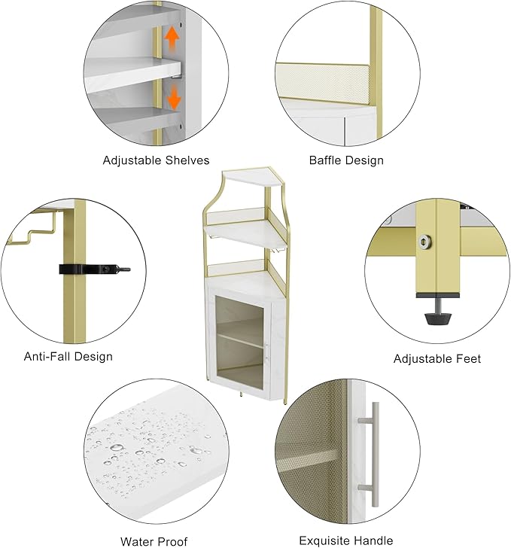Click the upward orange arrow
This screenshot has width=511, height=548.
[172, 39]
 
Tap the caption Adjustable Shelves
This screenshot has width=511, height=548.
[156, 160]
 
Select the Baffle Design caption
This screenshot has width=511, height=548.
[346, 160]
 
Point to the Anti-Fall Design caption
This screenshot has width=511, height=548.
[68, 357]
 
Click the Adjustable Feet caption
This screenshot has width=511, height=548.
[437, 358]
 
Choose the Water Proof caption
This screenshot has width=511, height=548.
[154, 542]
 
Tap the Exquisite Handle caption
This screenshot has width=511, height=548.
[346, 540]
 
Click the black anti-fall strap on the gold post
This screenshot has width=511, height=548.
[94, 269]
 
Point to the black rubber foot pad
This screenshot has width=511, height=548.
[438, 318]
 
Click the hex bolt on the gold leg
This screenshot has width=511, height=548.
[425, 242]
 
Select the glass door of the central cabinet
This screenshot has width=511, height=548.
[239, 342]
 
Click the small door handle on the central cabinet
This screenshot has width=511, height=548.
[267, 352]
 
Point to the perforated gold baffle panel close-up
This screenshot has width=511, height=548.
[323, 81]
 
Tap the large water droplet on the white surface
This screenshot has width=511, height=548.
[117, 448]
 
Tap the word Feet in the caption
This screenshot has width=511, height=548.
[468, 358]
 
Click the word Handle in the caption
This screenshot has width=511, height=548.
[373, 540]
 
